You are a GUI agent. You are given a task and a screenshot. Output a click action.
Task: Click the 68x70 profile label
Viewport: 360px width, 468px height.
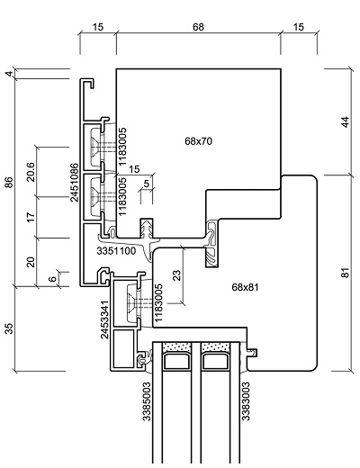click(198, 141)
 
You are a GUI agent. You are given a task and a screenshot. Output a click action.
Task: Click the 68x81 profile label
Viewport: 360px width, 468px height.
click(245, 287)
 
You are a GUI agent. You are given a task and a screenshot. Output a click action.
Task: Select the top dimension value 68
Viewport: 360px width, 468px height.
click(198, 27)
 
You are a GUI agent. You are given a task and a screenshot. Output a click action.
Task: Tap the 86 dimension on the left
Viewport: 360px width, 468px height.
click(9, 183)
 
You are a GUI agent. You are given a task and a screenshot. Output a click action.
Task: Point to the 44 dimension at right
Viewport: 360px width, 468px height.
click(346, 121)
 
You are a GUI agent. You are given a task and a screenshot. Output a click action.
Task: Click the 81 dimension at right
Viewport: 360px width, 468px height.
click(346, 273)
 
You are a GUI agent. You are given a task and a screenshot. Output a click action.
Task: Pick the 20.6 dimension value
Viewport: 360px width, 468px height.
click(31, 172)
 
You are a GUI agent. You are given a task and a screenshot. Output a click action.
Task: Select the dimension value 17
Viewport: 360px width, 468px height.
click(31, 217)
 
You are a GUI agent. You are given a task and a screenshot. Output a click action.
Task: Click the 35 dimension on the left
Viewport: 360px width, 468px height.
click(10, 328)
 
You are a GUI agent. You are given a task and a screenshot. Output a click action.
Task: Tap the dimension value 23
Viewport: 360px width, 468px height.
click(177, 275)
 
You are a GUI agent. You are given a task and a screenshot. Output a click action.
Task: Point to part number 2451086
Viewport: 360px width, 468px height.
click(74, 182)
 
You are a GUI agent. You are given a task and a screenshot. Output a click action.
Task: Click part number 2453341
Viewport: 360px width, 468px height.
click(104, 319)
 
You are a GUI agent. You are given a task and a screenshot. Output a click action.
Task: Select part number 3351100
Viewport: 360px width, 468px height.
click(116, 251)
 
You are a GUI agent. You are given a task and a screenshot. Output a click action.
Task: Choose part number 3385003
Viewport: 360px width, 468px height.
click(147, 401)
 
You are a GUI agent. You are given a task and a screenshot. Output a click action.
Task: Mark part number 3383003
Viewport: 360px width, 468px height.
click(246, 401)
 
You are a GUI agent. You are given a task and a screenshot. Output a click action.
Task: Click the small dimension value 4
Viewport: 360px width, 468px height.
click(10, 74)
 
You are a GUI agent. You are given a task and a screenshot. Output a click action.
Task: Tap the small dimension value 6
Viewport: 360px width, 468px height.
click(52, 279)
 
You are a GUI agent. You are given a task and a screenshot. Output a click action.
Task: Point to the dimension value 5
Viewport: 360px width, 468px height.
click(147, 184)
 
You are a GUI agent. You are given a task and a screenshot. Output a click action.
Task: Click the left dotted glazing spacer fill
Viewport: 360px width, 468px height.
click(176, 347)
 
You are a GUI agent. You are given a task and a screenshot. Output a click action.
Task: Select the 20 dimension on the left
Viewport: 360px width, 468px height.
click(31, 262)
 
